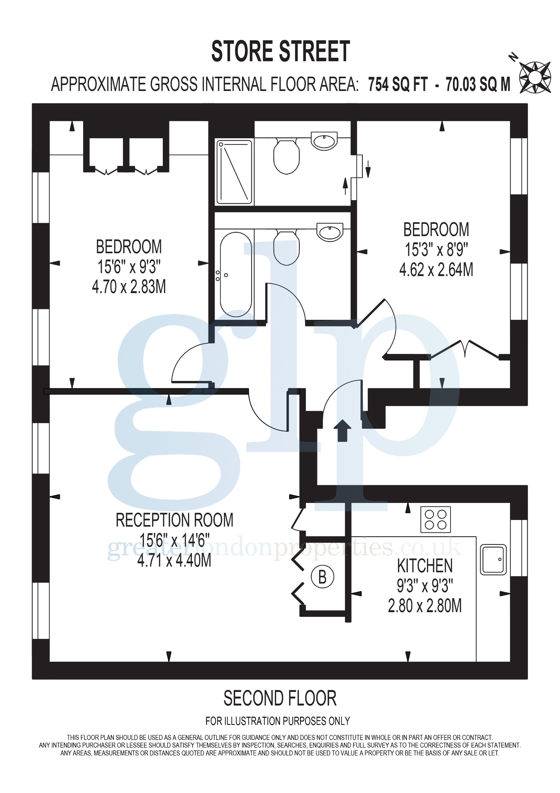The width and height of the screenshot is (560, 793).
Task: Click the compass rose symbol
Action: [535, 77]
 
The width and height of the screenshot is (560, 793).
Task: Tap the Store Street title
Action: [280, 51]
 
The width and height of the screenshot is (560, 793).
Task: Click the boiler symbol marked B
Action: [322, 577]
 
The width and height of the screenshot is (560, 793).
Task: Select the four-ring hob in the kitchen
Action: [436, 519]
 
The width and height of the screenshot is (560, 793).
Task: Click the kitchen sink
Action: [493, 560]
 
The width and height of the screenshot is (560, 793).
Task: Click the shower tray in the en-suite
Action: [234, 172]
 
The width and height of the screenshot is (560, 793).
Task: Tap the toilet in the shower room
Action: [287, 156]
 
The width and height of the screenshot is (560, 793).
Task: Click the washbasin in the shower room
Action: [324, 141]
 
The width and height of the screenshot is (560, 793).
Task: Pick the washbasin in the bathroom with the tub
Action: [330, 232]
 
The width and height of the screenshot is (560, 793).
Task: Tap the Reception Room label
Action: [174, 520]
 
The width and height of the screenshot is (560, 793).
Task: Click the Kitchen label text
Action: [425, 566]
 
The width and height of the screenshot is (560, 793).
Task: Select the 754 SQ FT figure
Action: [398, 84]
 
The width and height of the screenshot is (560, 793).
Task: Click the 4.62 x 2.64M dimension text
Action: [436, 270]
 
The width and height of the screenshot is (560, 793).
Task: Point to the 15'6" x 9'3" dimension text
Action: [129, 267]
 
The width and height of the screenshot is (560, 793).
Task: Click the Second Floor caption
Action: [280, 698]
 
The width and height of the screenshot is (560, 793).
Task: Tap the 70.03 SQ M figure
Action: [478, 84]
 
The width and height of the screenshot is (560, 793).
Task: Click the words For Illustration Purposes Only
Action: [278, 721]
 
